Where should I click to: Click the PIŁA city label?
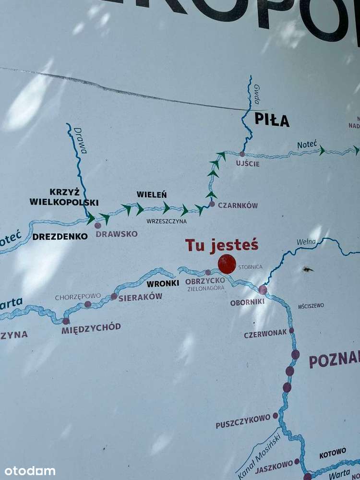pyautogui.click(x=272, y=120)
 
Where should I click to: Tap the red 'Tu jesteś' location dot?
pyautogui.click(x=227, y=264)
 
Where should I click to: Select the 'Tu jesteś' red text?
pyautogui.click(x=222, y=245)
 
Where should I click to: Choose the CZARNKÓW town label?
pyautogui.click(x=238, y=205)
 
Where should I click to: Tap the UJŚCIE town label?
pyautogui.click(x=248, y=164)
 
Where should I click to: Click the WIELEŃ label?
pyautogui.click(x=152, y=194)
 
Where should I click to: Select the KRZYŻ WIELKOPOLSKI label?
pyautogui.click(x=64, y=197)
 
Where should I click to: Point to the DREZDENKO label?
pyautogui.click(x=60, y=236)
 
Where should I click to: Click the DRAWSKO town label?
pyautogui.click(x=116, y=234)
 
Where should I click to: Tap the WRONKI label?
pyautogui.click(x=163, y=283)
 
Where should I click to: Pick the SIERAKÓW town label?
pyautogui.click(x=140, y=297)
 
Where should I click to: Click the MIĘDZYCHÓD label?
pyautogui.click(x=91, y=327)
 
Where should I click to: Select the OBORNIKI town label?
pyautogui.click(x=247, y=302)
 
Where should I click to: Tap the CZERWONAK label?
pyautogui.click(x=265, y=333)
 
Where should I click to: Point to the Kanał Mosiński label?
pyautogui.click(x=258, y=455)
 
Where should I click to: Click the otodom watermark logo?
pyautogui.click(x=30, y=471)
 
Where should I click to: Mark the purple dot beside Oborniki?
pyautogui.click(x=263, y=289)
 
